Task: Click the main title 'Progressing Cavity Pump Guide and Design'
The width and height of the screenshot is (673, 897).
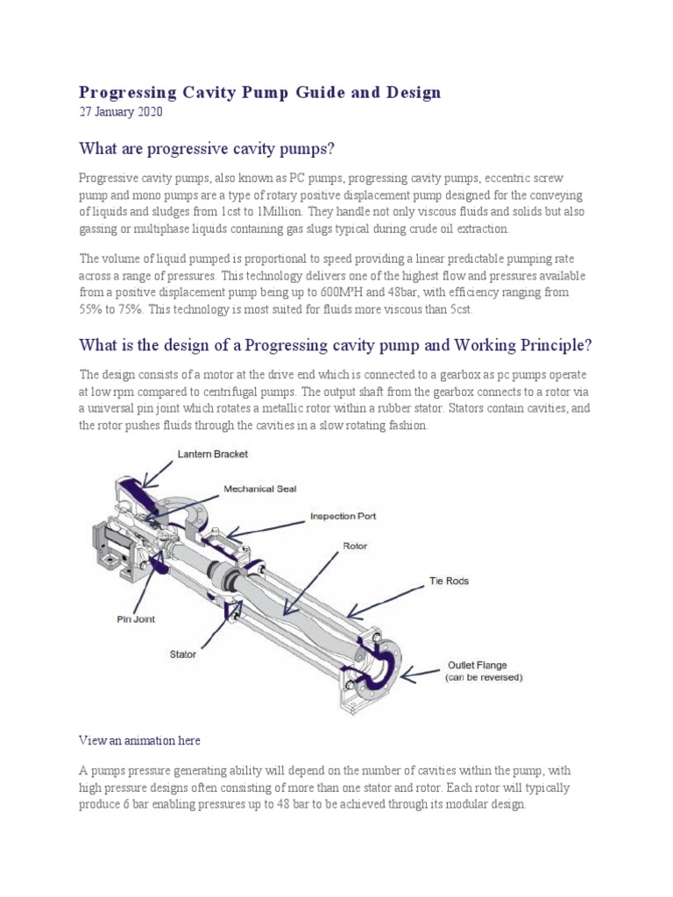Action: tap(260, 92)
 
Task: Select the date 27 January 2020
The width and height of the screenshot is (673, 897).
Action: tap(121, 112)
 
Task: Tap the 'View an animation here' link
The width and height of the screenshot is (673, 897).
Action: tap(139, 740)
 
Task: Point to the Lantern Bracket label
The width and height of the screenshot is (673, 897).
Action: tap(212, 454)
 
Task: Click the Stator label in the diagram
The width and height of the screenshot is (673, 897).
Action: tap(182, 653)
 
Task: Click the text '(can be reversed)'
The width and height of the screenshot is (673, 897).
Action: tap(485, 678)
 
